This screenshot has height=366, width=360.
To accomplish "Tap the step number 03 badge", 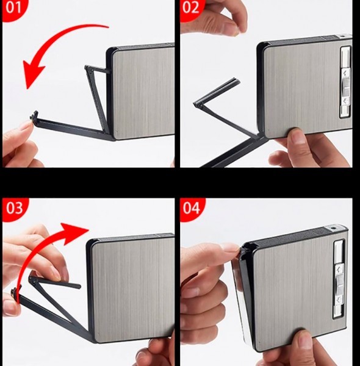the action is [15, 209].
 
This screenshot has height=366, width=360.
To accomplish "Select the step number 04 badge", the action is [192, 209].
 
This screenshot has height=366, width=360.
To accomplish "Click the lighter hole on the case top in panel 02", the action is [342, 36].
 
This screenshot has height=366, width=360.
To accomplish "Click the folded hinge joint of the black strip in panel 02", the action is [197, 104].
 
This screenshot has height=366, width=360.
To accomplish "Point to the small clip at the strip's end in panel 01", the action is [34, 115].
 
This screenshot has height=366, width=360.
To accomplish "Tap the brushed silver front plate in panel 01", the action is [143, 93].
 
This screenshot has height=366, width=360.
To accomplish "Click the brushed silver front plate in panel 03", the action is [133, 289].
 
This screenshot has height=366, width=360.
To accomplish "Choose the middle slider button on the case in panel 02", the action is [346, 87].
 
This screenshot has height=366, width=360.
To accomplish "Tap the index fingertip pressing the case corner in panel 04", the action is [232, 249].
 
